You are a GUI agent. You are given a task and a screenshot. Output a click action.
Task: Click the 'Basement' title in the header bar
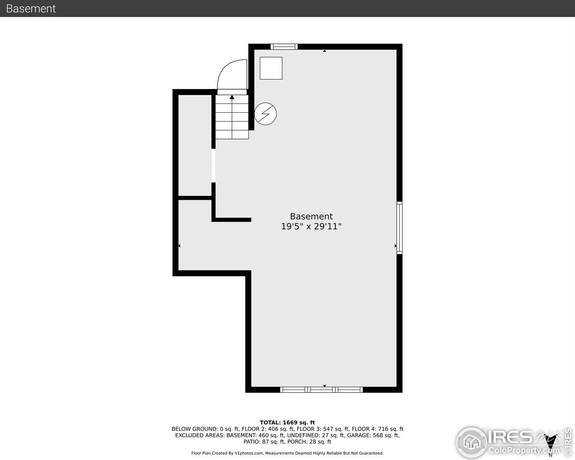[31, 8]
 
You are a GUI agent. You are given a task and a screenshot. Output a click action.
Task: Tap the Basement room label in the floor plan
[311, 216]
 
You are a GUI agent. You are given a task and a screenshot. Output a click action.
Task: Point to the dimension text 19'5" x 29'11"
[311, 227]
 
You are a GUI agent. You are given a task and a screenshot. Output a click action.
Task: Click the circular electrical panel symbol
[265, 113]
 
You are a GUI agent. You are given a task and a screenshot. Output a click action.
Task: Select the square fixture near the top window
[271, 68]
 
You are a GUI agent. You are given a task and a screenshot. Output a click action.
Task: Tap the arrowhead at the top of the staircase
[232, 97]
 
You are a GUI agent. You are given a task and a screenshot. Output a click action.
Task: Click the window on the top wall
[284, 47]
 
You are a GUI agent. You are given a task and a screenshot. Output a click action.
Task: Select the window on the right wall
[399, 228]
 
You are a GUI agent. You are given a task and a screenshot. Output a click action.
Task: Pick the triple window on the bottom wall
[321, 390]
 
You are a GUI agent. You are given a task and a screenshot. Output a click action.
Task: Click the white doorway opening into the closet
[214, 165]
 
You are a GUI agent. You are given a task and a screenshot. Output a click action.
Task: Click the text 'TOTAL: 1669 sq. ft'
[287, 422]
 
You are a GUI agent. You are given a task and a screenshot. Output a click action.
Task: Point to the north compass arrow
[551, 447]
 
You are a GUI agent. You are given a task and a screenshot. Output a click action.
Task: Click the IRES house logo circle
[472, 442]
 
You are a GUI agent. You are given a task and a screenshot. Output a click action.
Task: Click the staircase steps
[232, 117]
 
